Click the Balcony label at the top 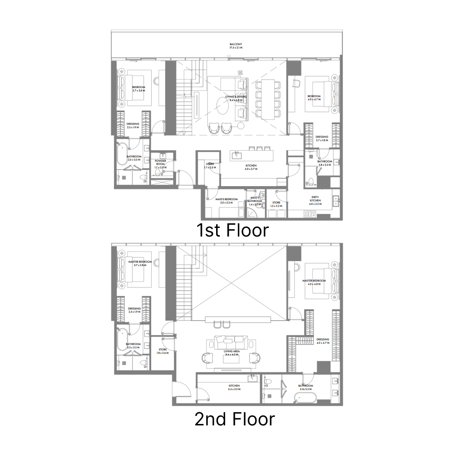236,46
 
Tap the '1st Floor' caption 232,230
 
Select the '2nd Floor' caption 234,419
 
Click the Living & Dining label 236,98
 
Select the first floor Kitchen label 251,167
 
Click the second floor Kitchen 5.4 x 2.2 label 234,387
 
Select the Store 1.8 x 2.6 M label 163,351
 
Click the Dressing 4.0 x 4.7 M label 323,341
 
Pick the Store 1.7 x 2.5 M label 210,166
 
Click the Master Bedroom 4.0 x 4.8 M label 314,282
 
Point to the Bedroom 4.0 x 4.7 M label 314,98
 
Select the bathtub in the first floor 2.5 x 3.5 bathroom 120,157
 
